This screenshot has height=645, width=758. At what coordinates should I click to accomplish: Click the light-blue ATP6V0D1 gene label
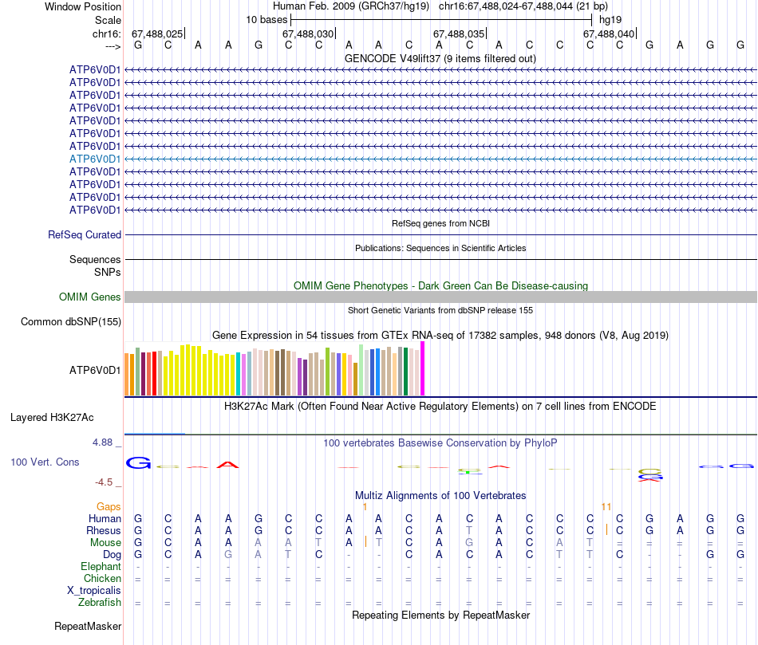pyautogui.click(x=95, y=159)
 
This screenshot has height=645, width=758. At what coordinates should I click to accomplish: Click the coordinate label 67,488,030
pyautogui.click(x=308, y=33)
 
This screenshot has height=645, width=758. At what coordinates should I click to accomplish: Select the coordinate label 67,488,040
pyautogui.click(x=609, y=33)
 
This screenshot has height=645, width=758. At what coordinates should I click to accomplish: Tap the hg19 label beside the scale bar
pyautogui.click(x=611, y=19)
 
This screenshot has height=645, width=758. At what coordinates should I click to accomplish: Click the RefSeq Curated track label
pyautogui.click(x=85, y=234)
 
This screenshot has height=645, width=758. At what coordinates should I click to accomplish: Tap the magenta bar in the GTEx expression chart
pyautogui.click(x=423, y=368)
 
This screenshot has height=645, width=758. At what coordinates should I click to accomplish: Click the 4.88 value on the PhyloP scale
pyautogui.click(x=105, y=442)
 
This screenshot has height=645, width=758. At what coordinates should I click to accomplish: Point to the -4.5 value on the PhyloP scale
pyautogui.click(x=108, y=482)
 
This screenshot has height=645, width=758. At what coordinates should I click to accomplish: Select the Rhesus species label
pyautogui.click(x=104, y=530)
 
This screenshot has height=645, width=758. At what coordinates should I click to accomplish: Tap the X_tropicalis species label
pyautogui.click(x=94, y=590)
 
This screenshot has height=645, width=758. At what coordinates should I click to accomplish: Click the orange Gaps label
pyautogui.click(x=109, y=506)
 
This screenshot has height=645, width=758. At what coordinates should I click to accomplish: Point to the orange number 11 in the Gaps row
pyautogui.click(x=606, y=506)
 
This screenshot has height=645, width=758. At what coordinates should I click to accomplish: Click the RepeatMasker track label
pyautogui.click(x=88, y=627)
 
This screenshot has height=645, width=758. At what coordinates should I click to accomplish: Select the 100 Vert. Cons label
pyautogui.click(x=46, y=462)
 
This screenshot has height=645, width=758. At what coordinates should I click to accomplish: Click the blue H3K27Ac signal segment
pyautogui.click(x=155, y=434)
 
